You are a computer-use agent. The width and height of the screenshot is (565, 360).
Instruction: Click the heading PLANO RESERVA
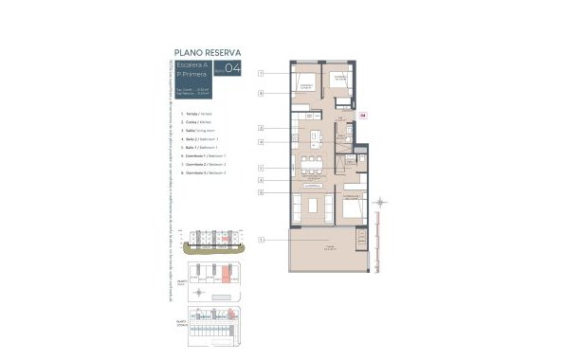(x=206, y=52)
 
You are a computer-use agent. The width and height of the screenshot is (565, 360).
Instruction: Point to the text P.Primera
(x=191, y=75)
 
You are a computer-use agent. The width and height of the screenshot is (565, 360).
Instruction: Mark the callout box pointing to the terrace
(x=260, y=241)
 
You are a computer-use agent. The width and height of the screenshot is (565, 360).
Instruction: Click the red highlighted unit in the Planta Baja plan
(x=227, y=278)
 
